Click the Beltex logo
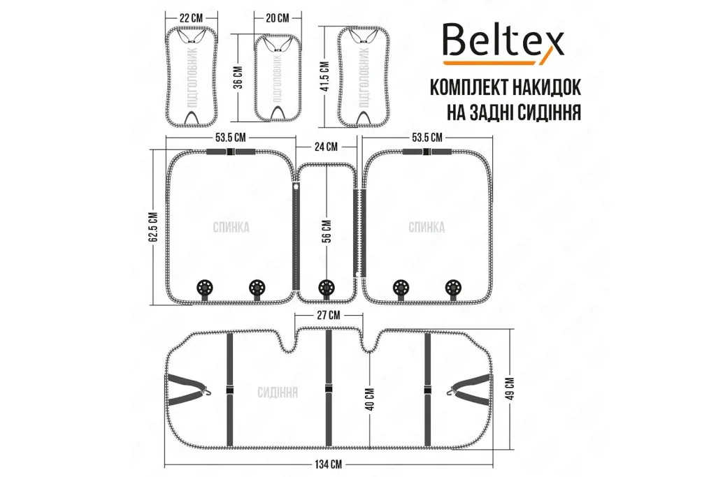503,44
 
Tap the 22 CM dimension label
191,18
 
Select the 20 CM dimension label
277,18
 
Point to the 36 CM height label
239,78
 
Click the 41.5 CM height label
325,76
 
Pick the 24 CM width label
326,147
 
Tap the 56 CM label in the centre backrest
327,231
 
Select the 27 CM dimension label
329,316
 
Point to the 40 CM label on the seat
370,399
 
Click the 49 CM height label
511,388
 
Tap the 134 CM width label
328,464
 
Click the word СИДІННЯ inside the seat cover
278,392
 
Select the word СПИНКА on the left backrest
231,227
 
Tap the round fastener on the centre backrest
326,288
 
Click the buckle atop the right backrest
427,152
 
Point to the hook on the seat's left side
207,390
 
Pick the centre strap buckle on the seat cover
328,389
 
